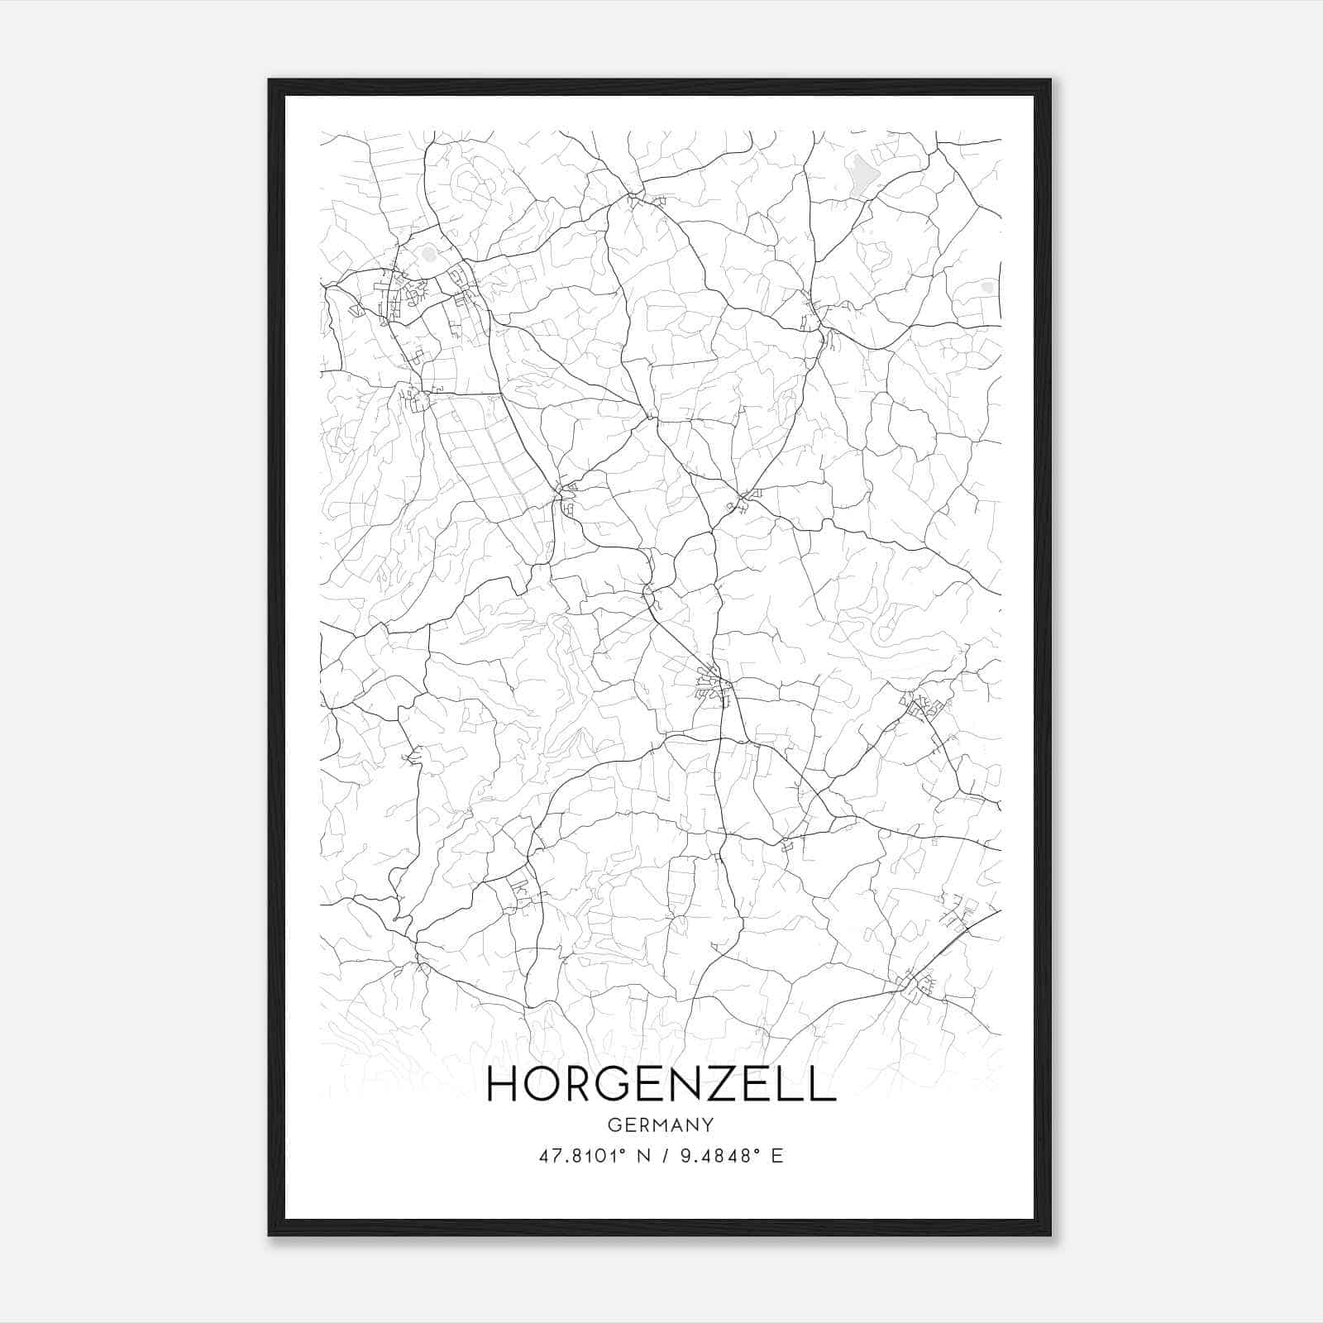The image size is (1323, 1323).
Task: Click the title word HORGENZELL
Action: [x=661, y=1084]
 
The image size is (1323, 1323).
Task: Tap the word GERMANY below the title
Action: [x=661, y=1125]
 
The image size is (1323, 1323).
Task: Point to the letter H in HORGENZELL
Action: [x=502, y=1084]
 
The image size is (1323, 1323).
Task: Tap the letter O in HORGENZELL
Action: [x=541, y=1084]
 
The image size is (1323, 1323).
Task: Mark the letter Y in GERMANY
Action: [x=707, y=1125]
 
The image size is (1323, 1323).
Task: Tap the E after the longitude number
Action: [x=776, y=1156]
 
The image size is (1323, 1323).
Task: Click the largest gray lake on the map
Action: [x=862, y=174]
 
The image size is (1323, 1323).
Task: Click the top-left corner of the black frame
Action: [x=270, y=81]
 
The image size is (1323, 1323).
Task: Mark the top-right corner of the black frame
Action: [x=1049, y=81]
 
